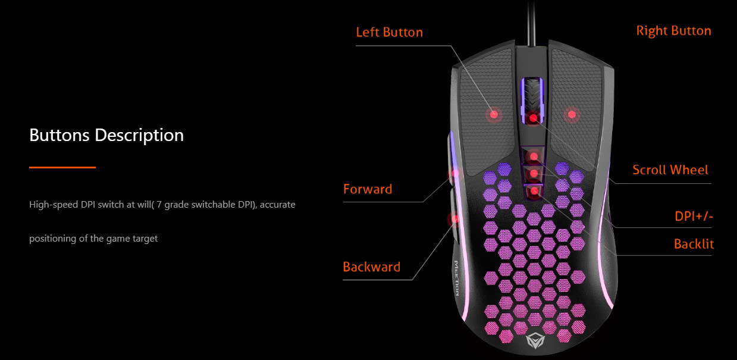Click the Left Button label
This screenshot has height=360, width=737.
tap(389, 32)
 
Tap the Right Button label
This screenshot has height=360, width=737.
tap(673, 31)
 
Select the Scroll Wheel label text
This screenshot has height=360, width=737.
tap(670, 170)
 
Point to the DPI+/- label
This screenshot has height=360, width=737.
tap(694, 217)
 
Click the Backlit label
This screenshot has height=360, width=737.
tap(694, 244)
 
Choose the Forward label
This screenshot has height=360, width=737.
tap(368, 190)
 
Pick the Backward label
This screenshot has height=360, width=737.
tap(371, 267)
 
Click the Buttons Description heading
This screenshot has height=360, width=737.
tap(106, 135)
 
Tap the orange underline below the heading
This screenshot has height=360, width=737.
tap(62, 168)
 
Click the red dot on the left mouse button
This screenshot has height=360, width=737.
tap(493, 114)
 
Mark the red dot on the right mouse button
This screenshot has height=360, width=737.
tap(571, 114)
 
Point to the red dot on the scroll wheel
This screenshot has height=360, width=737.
tap(534, 118)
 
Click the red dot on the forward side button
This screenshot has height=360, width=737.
tap(456, 173)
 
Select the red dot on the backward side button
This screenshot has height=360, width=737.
tap(455, 219)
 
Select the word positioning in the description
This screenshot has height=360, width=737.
tap(52, 239)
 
